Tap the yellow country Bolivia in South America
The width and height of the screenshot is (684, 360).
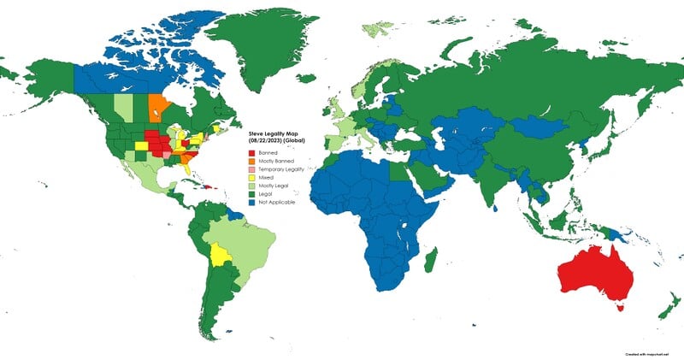(221, 255)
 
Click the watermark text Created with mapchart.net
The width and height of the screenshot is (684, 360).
(645, 352)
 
